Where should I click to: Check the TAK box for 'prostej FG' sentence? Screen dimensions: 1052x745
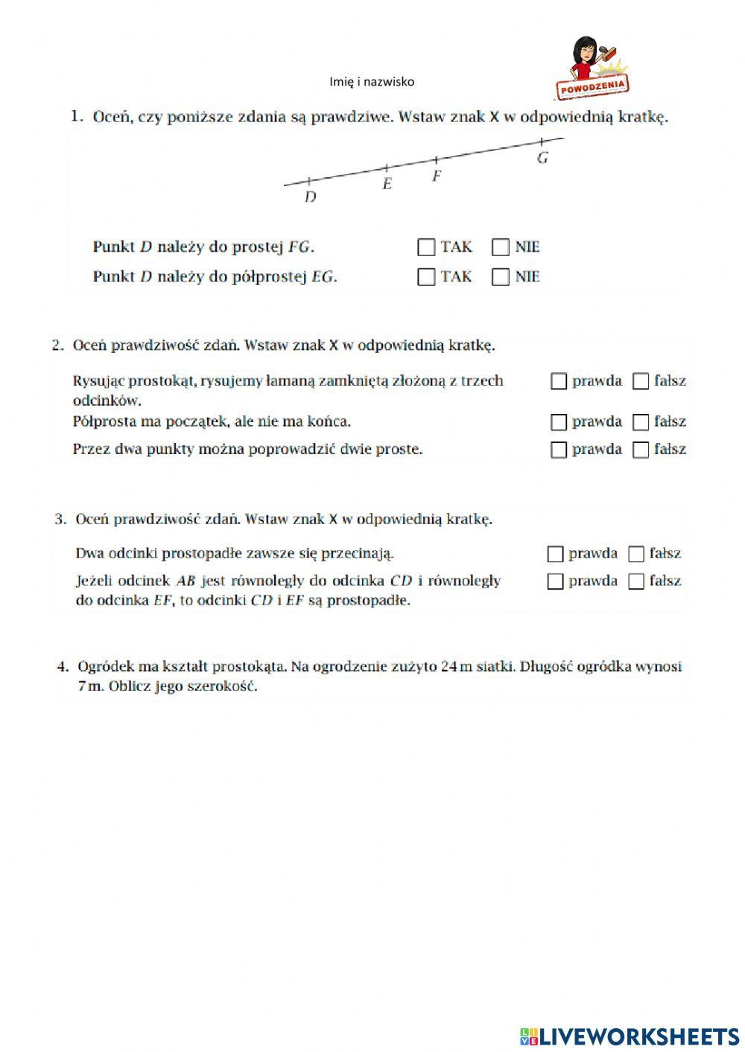[426, 247]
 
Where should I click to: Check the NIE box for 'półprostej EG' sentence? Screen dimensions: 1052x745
[501, 277]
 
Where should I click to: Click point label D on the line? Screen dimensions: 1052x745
[311, 197]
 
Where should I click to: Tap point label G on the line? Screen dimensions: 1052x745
[542, 158]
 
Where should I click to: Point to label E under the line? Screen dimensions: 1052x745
[387, 184]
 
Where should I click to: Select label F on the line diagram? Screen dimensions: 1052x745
[437, 176]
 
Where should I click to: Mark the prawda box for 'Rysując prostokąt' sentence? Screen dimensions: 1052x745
[559, 382]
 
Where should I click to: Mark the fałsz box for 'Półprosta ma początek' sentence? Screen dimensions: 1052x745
[641, 423]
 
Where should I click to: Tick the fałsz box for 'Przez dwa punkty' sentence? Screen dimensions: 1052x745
[641, 450]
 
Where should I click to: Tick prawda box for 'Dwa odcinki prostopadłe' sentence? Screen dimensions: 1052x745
[555, 555]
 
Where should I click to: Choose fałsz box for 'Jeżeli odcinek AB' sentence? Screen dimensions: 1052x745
[636, 582]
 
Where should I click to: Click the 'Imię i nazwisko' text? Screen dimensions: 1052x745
[372, 82]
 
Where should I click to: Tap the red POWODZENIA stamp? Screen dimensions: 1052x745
[594, 86]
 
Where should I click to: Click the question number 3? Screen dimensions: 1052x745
[60, 520]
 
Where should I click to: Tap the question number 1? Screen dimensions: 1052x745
[76, 117]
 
